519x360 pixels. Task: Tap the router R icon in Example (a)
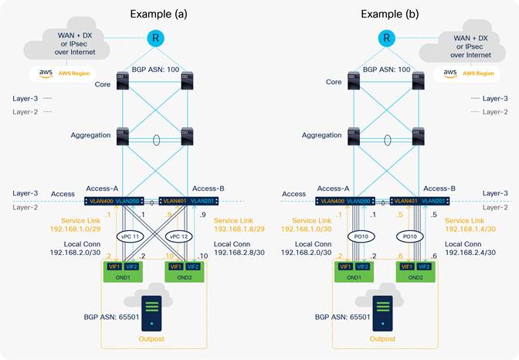[153, 38]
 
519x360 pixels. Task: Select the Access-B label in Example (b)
[440, 188]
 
